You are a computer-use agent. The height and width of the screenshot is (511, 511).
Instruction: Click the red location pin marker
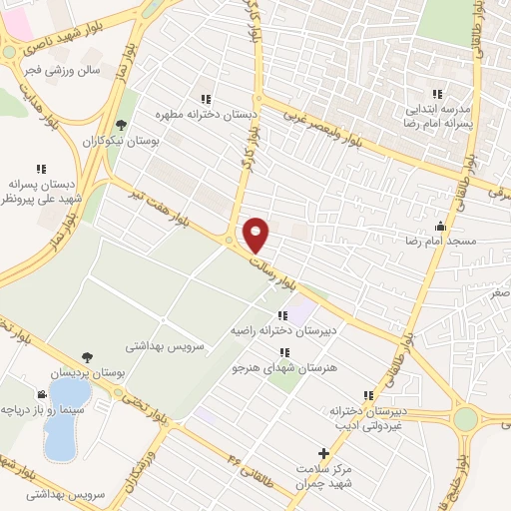click(x=256, y=235)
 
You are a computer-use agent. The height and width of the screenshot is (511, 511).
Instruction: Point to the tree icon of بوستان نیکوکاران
click(x=121, y=125)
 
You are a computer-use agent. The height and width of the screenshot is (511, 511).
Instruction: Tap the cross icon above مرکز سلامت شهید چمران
click(x=322, y=452)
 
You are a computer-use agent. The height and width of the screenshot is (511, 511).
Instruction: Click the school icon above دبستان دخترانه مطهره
click(x=206, y=99)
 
